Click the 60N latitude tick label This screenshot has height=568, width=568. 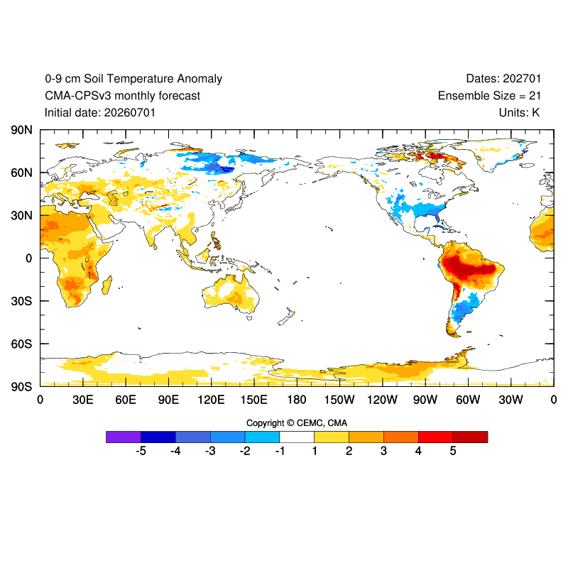[21, 173]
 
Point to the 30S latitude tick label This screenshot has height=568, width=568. [21, 301]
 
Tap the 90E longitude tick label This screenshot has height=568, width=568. [168, 400]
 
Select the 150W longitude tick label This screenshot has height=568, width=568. [339, 400]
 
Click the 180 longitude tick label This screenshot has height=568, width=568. [297, 400]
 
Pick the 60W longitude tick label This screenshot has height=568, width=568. [468, 400]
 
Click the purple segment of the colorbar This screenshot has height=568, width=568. [124, 437]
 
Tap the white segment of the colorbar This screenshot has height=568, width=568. [297, 437]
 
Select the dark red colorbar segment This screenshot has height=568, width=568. [470, 437]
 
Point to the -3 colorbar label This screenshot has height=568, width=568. [210, 451]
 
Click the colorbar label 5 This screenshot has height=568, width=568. [453, 451]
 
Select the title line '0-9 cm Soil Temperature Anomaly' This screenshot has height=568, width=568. [133, 79]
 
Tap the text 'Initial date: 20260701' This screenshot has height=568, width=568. [100, 113]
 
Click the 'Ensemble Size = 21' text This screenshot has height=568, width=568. [489, 96]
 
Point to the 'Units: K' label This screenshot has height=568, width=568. [520, 113]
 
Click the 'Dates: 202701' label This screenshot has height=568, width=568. [503, 79]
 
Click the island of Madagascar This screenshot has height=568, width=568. [107, 285]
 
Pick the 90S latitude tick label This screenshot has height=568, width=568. [21, 386]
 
